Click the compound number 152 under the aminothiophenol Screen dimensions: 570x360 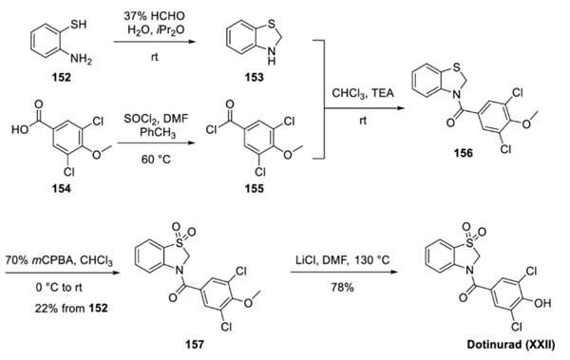click(61, 78)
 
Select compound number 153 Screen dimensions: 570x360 click(254, 78)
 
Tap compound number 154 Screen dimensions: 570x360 click(62, 188)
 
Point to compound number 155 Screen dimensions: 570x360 click(254, 188)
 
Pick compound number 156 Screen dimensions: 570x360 click(464, 153)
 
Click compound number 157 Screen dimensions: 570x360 click(195, 344)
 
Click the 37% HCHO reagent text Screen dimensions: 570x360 click(154, 16)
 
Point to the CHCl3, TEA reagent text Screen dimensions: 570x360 click(363, 93)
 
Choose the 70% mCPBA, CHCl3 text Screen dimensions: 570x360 click(59, 260)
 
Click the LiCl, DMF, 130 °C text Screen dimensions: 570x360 click(342, 260)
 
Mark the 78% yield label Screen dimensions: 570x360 click(342, 287)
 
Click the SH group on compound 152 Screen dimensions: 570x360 click(79, 25)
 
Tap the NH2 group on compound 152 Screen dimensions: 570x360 click(81, 59)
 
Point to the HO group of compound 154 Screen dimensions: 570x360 click(20, 129)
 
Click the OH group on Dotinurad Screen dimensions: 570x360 click(542, 303)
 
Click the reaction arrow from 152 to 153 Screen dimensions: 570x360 click(155, 42)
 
